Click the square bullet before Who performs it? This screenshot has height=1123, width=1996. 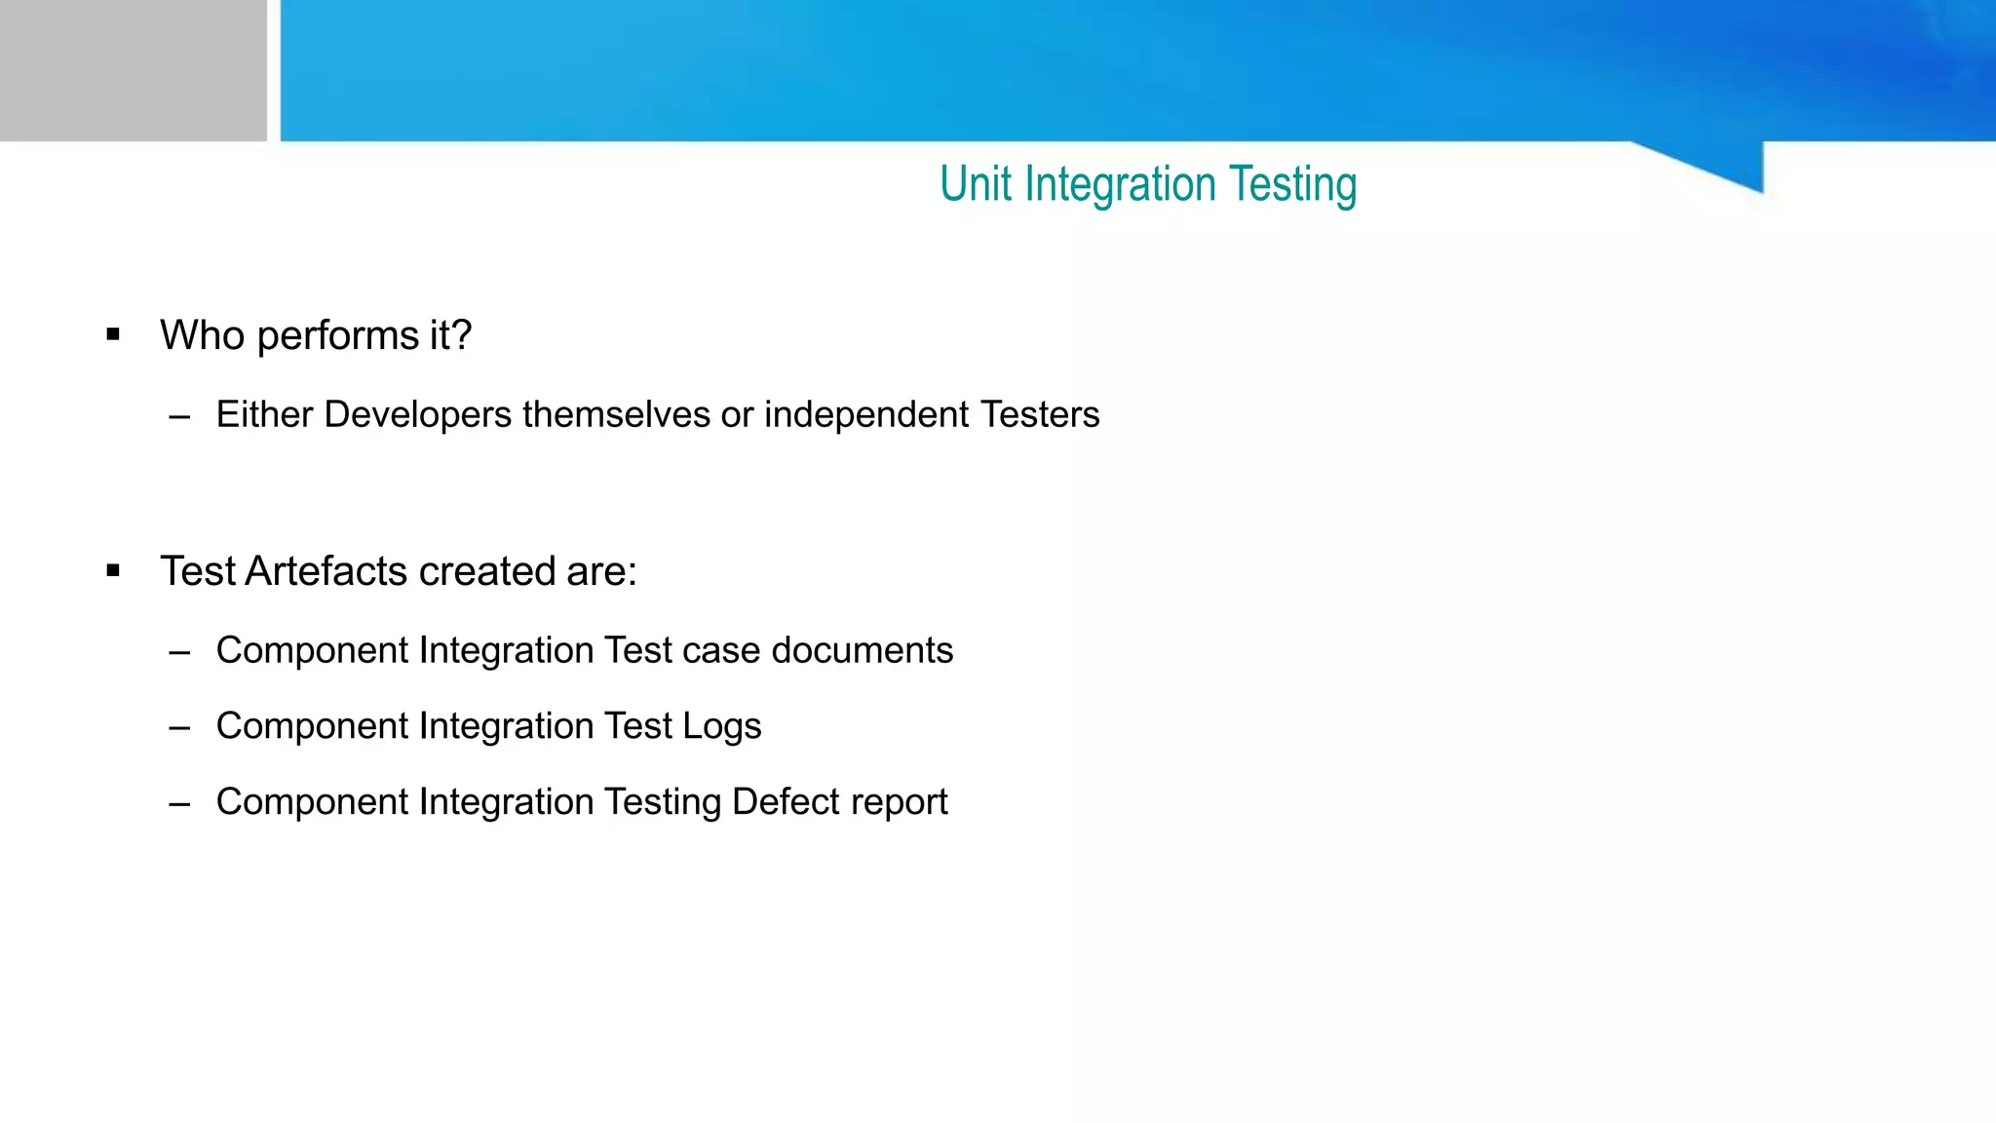pos(113,335)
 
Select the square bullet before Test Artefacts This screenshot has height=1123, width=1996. pos(113,571)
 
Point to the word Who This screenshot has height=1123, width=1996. pos(202,335)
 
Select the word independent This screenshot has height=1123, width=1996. pos(866,415)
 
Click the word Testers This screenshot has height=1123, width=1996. pos(1040,415)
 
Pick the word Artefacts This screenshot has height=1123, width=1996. pos(326,571)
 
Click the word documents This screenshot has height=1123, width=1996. pos(862,650)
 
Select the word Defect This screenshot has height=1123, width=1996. pos(782,802)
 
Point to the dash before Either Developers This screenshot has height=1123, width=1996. pos(179,417)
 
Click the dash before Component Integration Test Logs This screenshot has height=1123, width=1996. pos(179,728)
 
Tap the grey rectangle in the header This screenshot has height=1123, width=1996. pos(133,70)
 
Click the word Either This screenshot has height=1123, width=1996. pos(264,415)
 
